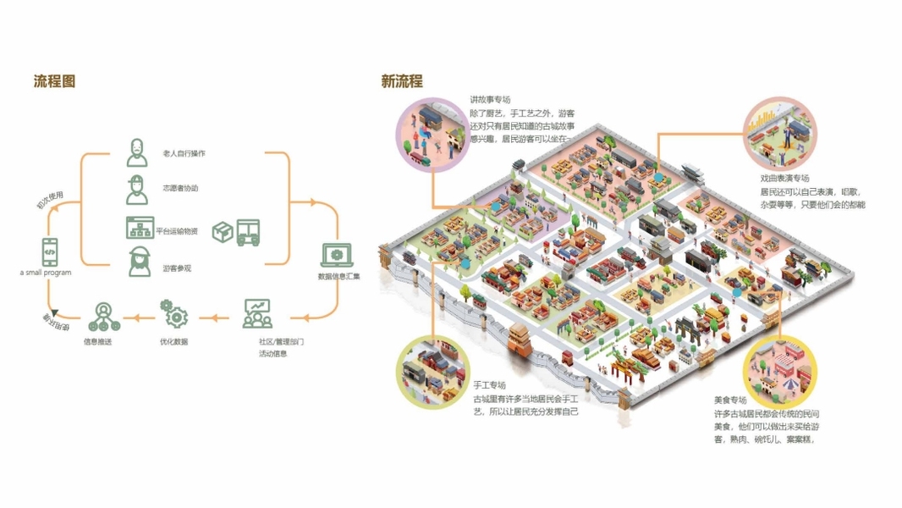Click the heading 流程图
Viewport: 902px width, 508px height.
tap(55, 82)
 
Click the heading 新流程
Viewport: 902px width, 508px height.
tap(402, 82)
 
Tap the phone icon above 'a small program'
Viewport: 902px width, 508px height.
tap(49, 251)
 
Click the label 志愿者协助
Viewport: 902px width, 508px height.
tap(180, 188)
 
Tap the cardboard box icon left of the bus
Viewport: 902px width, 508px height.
tap(222, 232)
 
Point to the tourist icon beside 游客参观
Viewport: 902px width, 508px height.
tap(138, 262)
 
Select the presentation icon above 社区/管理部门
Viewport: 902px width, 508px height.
tap(257, 313)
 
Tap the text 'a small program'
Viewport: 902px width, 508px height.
tap(47, 273)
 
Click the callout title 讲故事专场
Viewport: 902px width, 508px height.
tap(491, 100)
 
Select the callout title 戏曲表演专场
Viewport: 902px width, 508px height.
tap(784, 179)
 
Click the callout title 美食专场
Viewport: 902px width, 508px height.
tap(730, 400)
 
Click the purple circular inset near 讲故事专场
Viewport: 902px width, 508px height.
tap(432, 135)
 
